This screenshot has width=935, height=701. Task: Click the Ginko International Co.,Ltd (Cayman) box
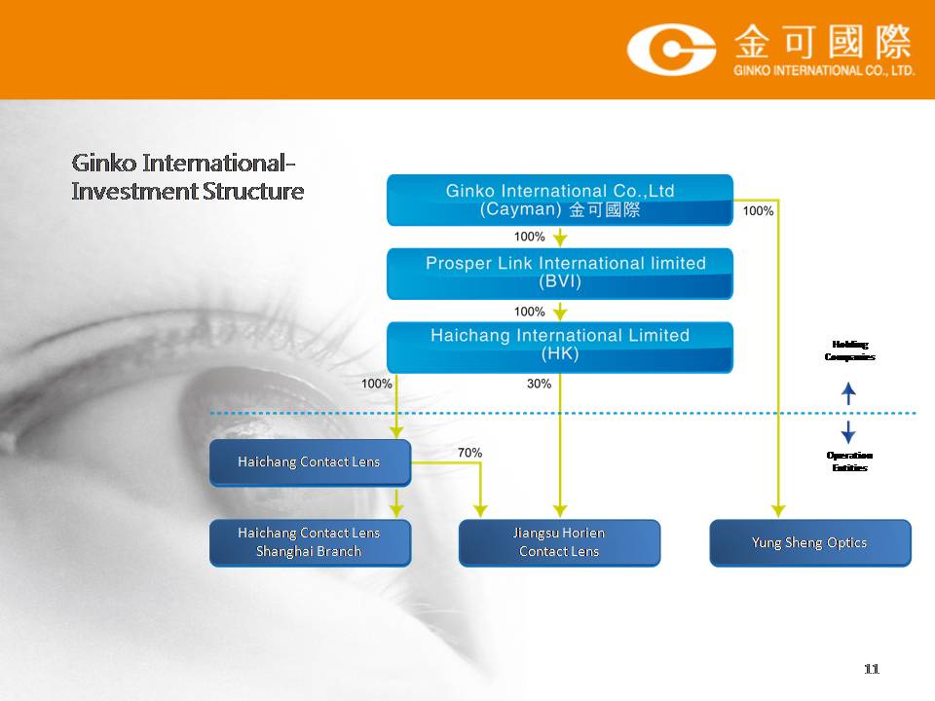560,201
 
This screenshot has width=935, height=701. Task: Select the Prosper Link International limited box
560,274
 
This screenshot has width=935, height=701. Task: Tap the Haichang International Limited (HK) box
560,348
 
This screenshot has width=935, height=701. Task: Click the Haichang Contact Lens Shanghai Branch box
310,542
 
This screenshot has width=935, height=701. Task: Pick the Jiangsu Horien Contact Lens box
559,542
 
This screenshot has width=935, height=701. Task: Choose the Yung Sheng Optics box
810,542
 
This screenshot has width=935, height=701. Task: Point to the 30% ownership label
539,384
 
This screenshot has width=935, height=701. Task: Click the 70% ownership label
469,453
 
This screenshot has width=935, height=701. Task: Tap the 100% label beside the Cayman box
758,211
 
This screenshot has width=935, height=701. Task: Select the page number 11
871,669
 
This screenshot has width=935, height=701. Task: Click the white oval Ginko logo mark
671,50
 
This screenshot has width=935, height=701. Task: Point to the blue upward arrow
848,393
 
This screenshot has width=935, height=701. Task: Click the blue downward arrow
848,432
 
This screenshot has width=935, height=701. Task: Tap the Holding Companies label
849,350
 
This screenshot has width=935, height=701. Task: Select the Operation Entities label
849,461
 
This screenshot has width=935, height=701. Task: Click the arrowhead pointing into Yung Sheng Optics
778,511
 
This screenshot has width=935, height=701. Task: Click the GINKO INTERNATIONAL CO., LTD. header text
824,70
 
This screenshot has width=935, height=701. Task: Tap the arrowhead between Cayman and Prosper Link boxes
560,240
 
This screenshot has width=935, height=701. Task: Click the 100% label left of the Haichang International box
377,384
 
